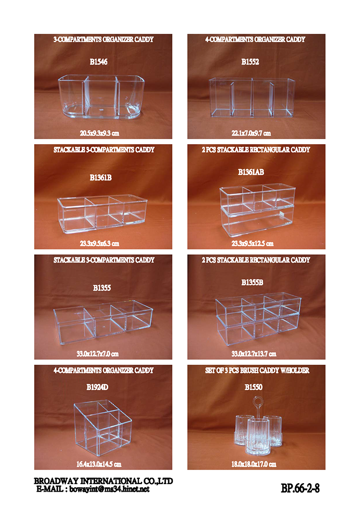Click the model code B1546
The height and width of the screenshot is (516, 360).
[x=99, y=62]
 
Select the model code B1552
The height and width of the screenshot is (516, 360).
[x=250, y=62]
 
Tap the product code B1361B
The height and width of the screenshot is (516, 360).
[x=101, y=178]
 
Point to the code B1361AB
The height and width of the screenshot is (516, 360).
[x=251, y=172]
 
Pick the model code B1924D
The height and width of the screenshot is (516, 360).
[x=97, y=387]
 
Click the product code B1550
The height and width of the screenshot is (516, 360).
[x=253, y=387]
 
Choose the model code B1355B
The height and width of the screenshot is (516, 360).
[x=252, y=282]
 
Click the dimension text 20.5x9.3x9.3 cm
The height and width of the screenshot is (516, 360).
[x=99, y=133]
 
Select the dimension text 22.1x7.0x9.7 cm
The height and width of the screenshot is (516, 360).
[x=251, y=133]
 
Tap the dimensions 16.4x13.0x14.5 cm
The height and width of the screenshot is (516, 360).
[x=99, y=464]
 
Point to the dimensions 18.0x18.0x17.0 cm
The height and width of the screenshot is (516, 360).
[x=254, y=464]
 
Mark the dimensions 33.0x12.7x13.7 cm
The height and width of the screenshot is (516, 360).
[x=254, y=354]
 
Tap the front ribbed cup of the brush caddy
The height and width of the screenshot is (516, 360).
[x=258, y=436]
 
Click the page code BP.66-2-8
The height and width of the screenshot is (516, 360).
[x=300, y=488]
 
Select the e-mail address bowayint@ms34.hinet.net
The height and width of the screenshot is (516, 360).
[x=109, y=489]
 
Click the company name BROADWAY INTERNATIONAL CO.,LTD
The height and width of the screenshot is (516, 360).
[x=103, y=481]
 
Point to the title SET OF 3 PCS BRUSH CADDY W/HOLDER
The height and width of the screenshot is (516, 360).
[x=257, y=371]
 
